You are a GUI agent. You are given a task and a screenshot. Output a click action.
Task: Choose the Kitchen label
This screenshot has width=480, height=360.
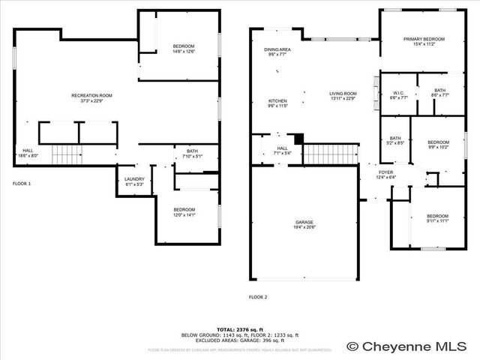pyautogui.click(x=277, y=103)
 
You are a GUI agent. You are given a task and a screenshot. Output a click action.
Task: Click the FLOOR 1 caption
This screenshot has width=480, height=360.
pyautogui.click(x=22, y=184)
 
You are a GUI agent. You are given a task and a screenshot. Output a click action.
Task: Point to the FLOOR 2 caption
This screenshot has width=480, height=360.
pyautogui.click(x=258, y=297)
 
